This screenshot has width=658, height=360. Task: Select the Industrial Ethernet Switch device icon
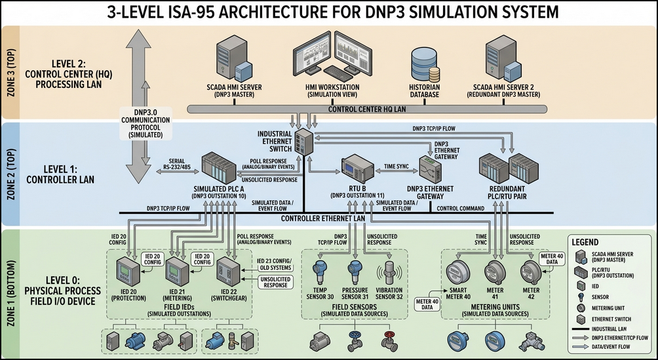tap(304, 142)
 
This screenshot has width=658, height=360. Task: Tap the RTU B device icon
tap(357, 168)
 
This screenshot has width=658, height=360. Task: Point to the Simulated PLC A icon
tap(219, 168)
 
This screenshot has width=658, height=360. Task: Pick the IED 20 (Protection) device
tap(128, 271)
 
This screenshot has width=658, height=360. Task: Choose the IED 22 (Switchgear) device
tap(228, 271)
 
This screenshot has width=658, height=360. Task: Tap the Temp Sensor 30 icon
tap(320, 273)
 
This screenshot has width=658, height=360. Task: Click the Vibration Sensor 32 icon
tap(389, 274)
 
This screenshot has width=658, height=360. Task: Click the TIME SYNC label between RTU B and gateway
tap(396, 167)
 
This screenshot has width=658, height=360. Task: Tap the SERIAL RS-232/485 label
tap(180, 164)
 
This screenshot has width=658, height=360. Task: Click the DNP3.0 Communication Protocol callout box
tap(146, 123)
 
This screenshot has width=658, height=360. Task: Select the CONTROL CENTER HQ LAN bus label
tap(367, 110)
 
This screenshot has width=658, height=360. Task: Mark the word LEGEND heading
tap(585, 242)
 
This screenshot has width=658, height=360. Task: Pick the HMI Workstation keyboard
tap(339, 73)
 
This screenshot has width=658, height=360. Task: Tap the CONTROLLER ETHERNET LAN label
tap(322, 218)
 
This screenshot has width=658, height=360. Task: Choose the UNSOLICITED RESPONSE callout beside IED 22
tap(275, 282)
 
